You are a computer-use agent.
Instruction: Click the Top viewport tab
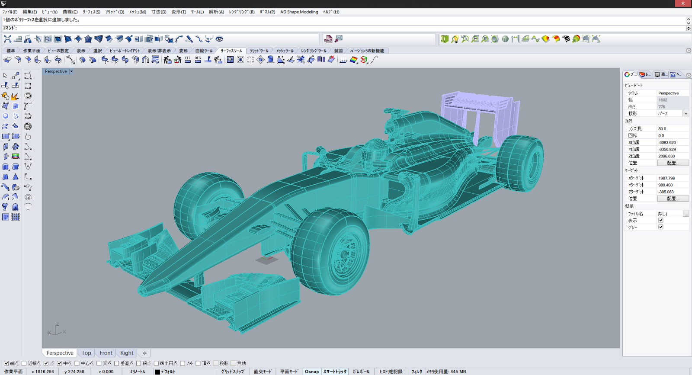pos(86,353)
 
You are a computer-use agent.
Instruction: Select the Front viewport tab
pos(106,353)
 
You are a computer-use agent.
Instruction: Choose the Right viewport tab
pos(127,353)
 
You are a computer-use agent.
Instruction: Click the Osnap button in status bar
pos(312,372)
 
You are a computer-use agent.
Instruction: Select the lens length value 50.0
pos(662,129)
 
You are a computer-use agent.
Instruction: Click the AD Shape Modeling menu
pos(299,12)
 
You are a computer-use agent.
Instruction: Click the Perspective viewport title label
pos(56,71)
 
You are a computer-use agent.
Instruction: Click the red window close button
pos(683,3)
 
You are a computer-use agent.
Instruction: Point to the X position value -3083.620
pos(667,142)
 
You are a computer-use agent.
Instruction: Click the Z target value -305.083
pos(666,192)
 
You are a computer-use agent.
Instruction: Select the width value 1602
pos(663,100)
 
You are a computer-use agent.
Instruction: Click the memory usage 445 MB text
pos(446,372)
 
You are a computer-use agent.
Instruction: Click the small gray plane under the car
pos(266,260)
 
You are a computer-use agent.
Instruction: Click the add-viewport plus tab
pos(144,353)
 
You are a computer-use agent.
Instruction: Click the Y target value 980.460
pos(666,185)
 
